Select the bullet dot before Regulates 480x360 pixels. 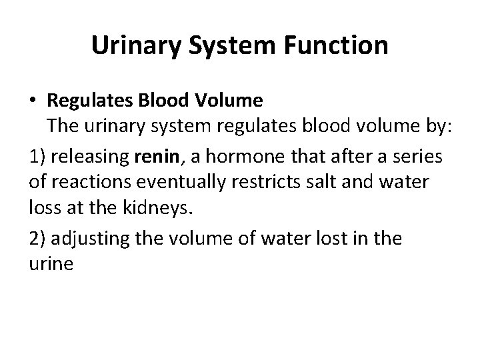click(33, 101)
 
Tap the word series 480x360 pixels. click(419, 157)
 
